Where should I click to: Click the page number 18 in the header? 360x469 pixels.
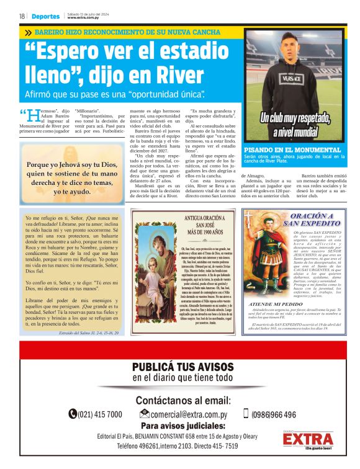(22, 16)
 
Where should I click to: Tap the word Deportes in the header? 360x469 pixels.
(46, 16)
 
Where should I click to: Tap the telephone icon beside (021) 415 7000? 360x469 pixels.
(73, 414)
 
